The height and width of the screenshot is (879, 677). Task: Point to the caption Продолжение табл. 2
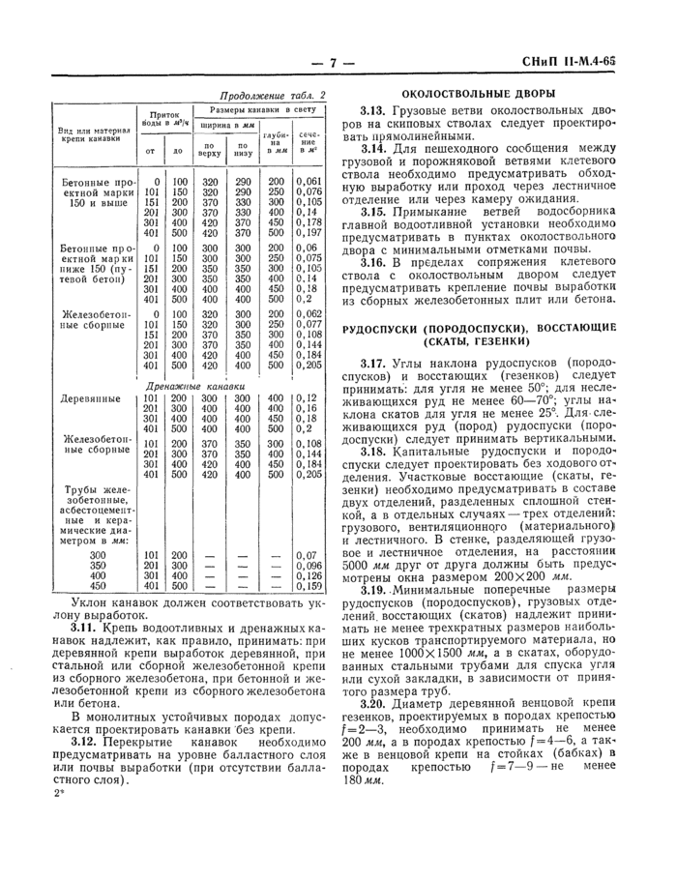[275, 95]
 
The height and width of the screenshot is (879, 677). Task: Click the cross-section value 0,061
[308, 181]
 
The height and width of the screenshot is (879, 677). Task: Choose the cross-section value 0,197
[308, 233]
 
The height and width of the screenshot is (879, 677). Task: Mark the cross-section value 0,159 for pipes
[308, 585]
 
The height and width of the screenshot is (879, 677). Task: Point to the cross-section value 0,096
[308, 565]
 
